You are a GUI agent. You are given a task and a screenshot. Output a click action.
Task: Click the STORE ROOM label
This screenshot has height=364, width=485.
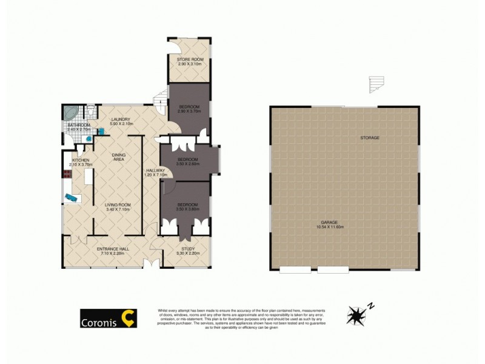pos(189,59)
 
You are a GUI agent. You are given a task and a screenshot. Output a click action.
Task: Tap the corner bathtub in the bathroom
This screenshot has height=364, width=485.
pos(70,113)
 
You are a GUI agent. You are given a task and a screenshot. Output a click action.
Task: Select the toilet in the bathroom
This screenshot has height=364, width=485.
pos(90,111)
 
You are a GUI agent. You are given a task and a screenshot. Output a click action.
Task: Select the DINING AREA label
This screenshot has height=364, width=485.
pos(118,158)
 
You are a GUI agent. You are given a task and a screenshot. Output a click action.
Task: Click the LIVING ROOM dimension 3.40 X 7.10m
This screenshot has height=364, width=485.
pos(118,210)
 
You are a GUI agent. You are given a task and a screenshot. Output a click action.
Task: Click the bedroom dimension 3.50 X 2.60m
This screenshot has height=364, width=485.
pos(188,163)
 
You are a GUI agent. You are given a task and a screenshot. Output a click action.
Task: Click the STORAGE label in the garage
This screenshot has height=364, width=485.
pos(370,138)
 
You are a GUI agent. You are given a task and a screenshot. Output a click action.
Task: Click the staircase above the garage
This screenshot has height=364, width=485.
pos(376,85)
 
